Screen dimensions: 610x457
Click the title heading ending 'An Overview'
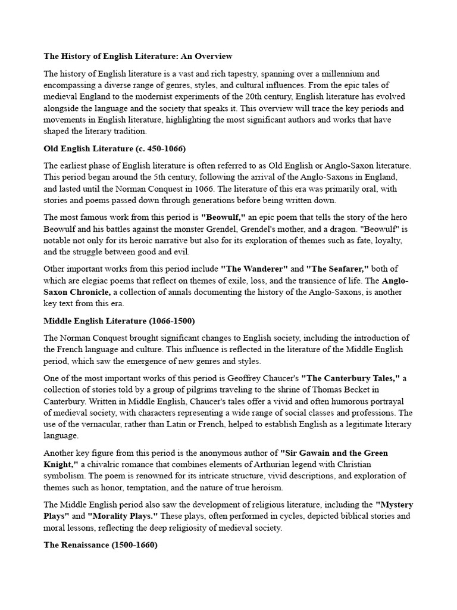coord(138,57)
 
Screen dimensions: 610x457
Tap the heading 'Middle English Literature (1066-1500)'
coord(119,320)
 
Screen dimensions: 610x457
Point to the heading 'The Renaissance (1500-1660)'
coord(101,545)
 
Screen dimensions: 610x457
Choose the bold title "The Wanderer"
coord(253,269)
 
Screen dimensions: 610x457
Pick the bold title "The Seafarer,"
coord(337,269)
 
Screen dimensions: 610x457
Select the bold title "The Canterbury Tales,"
coord(350,378)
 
